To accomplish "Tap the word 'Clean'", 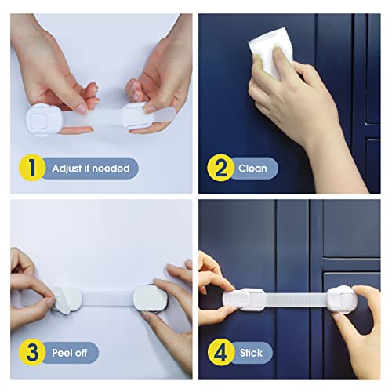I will tap(252, 167).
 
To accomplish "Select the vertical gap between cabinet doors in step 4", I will tap(311, 235).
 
